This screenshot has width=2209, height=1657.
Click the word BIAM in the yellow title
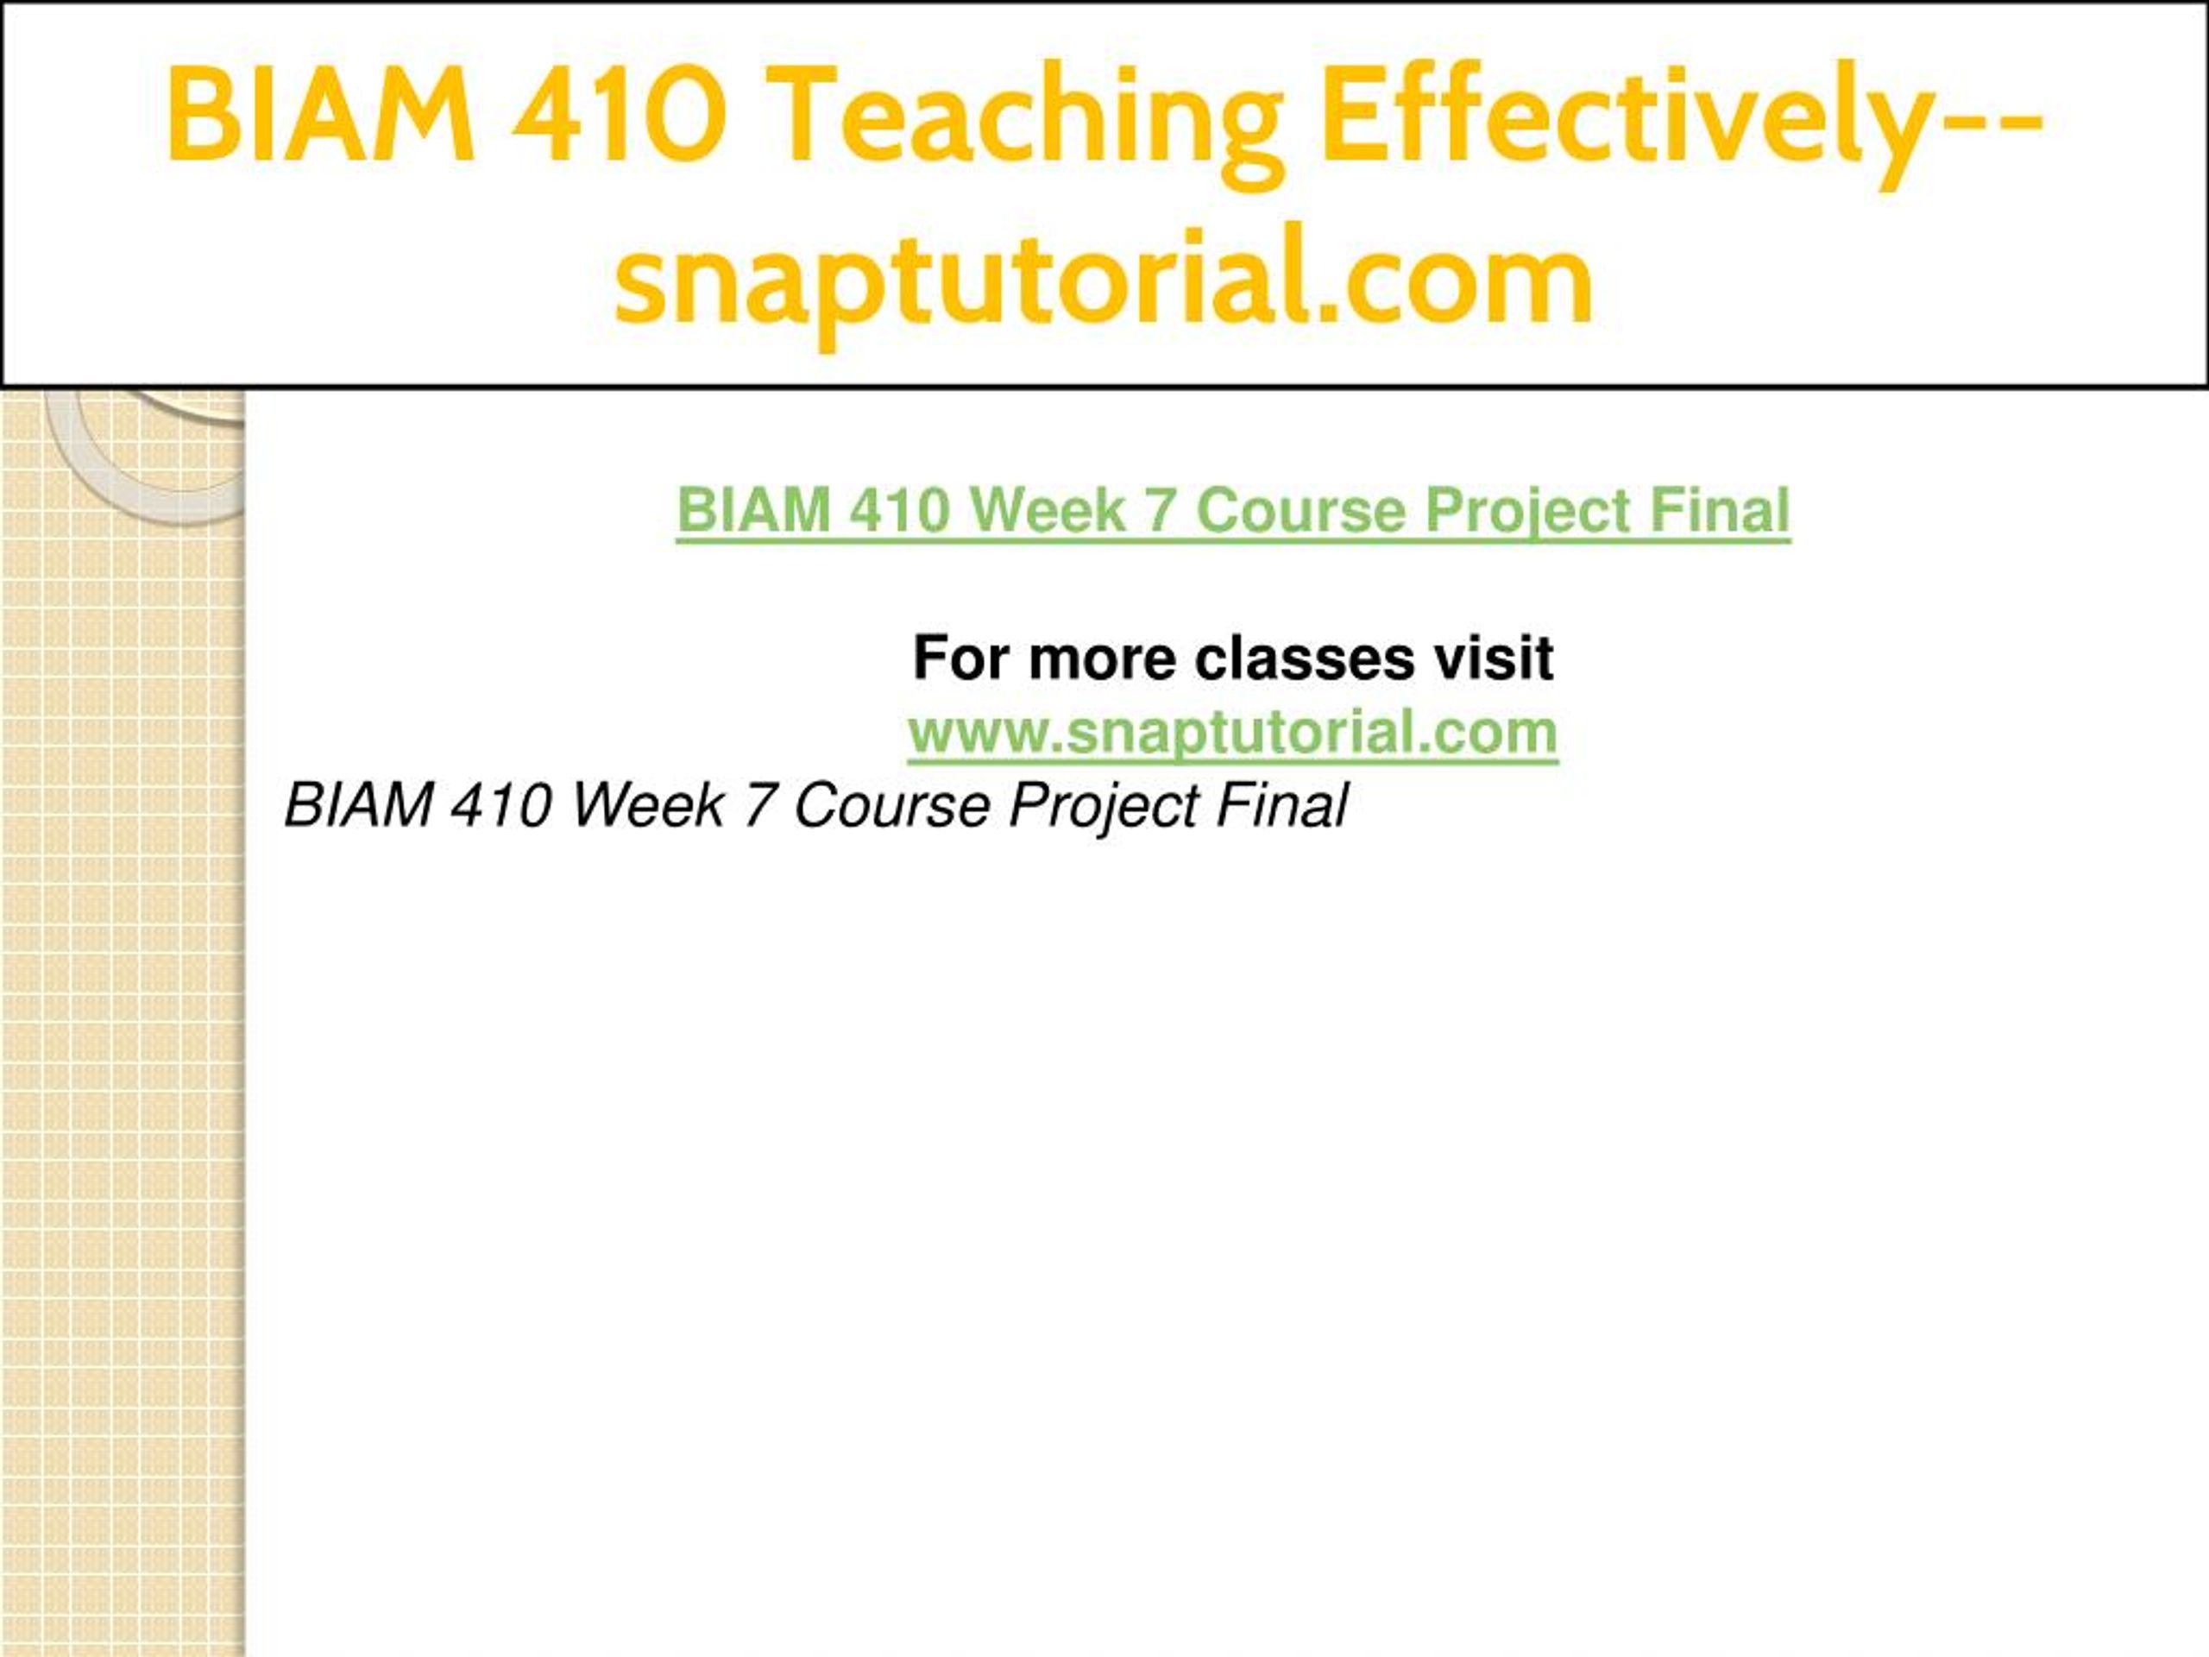319,114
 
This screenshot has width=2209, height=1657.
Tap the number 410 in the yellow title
620,114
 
